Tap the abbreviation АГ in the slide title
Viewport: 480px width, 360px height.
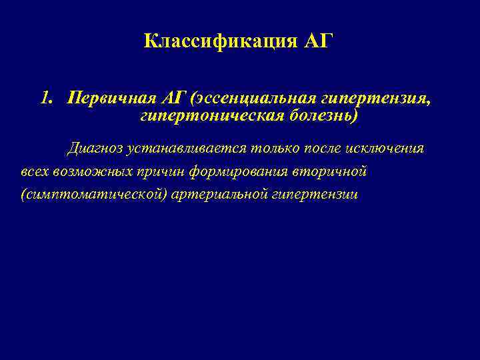coord(318,42)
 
